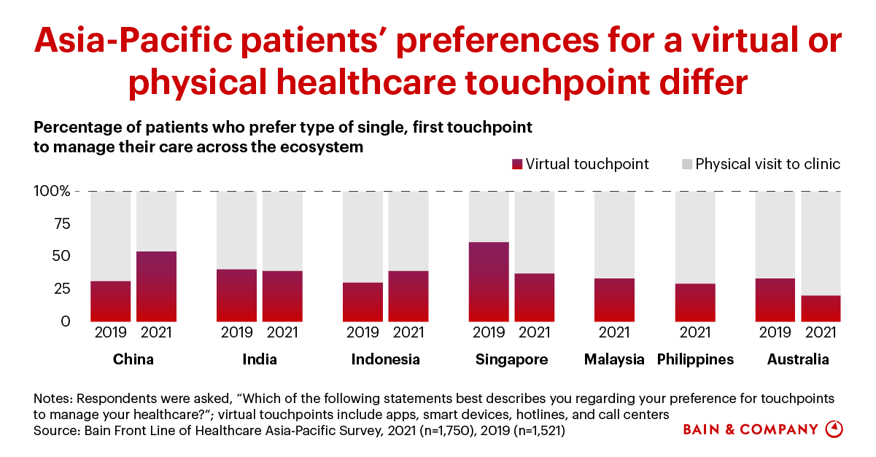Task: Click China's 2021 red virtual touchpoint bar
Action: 156,286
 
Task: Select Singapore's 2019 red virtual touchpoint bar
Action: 489,281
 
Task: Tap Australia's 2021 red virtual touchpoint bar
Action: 821,308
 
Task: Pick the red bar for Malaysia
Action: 614,300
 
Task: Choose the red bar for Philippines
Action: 694,302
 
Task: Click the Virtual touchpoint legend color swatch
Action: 517,165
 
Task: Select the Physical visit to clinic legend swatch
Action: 686,165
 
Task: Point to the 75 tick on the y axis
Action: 61,224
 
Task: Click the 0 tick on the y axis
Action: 66,321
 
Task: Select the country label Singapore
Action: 511,359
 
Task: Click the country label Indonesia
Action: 385,359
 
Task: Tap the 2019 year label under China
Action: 110,333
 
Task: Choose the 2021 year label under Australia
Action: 821,333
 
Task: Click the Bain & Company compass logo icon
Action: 834,429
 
